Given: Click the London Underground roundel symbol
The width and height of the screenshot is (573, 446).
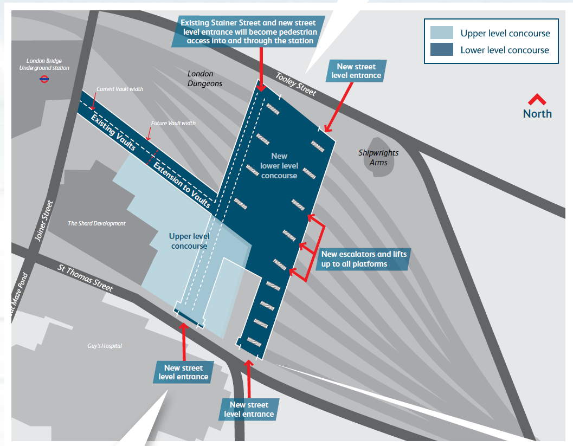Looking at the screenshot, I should tap(45, 79).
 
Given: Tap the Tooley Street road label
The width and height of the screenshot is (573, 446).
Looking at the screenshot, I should tap(296, 84).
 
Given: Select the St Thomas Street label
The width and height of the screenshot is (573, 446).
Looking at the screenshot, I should tap(85, 277).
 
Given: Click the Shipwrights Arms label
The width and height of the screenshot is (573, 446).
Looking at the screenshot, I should tap(378, 157).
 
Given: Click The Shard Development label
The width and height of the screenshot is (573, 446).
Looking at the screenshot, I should tap(96, 223).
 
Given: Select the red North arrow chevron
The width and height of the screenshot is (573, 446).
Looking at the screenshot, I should tap(537, 99).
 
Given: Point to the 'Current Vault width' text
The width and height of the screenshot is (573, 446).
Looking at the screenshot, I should tap(120, 89).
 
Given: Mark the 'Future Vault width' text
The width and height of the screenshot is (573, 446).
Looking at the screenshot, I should tap(173, 123).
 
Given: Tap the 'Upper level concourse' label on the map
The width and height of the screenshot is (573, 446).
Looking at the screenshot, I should tap(188, 241).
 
